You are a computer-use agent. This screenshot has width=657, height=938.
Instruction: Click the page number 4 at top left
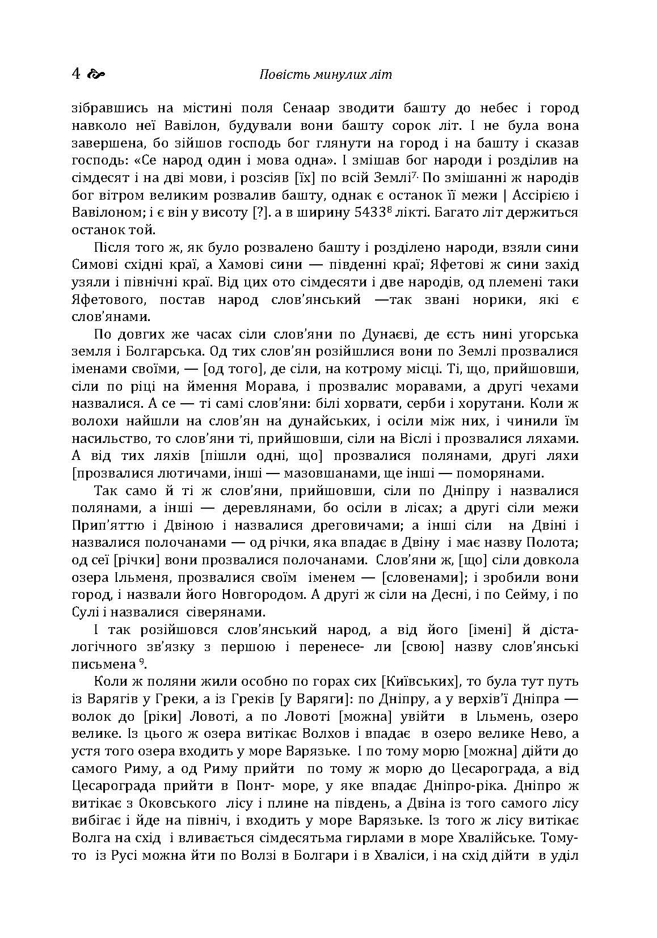click(77, 74)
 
